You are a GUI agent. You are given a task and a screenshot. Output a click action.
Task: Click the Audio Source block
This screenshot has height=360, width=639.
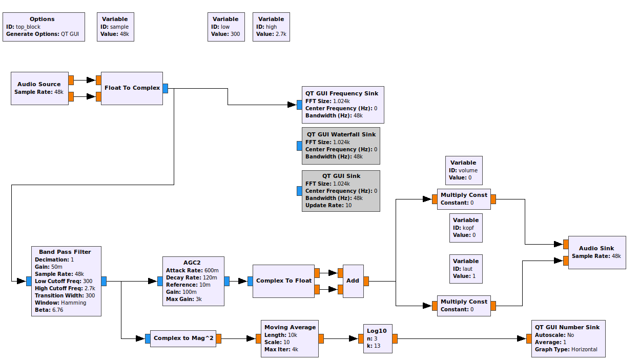(39, 88)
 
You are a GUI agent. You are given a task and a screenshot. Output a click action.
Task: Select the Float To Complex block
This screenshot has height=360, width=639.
(132, 88)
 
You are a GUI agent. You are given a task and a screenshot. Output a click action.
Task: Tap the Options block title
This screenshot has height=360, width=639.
(42, 19)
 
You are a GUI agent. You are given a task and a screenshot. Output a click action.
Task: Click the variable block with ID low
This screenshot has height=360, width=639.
(225, 27)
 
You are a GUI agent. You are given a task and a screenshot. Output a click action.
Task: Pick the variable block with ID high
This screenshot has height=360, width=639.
(271, 27)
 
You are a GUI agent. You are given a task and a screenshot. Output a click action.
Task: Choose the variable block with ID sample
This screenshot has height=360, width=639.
(115, 27)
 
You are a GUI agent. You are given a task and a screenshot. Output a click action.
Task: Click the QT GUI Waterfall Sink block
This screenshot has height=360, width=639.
(341, 146)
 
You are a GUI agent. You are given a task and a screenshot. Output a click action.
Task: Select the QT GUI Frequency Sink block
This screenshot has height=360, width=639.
(342, 105)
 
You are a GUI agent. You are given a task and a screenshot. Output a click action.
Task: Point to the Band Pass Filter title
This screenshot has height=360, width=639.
(65, 252)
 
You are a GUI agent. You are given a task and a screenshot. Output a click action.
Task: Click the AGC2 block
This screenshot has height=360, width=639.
(193, 281)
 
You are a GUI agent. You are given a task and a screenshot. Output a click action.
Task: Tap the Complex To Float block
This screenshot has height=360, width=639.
(283, 281)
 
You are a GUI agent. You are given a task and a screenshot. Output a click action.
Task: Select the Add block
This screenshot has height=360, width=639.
(353, 281)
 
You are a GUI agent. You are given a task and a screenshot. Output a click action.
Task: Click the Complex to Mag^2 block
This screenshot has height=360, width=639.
(183, 338)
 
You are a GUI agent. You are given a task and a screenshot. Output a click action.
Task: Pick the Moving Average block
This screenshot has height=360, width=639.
(290, 338)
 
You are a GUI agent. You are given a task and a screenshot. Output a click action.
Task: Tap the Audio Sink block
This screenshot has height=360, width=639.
(596, 252)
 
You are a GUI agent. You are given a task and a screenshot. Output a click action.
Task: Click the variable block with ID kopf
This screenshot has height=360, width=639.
(466, 228)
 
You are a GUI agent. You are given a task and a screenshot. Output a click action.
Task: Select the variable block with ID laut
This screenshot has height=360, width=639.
(466, 269)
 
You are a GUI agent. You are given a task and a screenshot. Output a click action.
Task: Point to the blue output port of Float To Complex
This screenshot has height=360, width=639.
(166, 88)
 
